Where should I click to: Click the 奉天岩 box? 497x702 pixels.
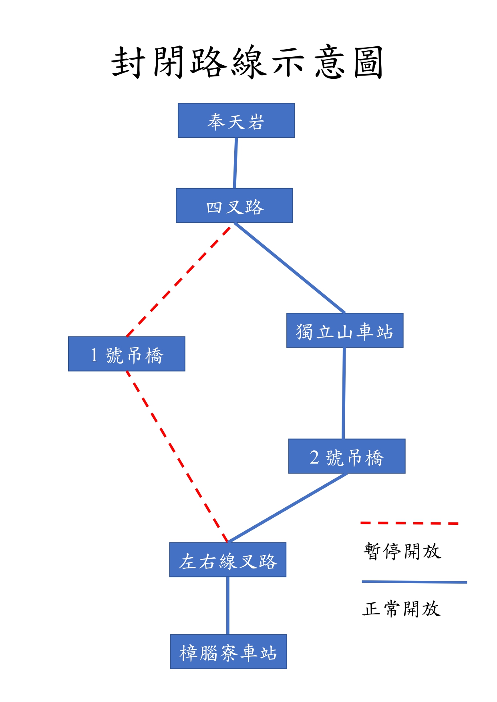pyautogui.click(x=236, y=121)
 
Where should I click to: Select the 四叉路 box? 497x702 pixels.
pyautogui.click(x=234, y=206)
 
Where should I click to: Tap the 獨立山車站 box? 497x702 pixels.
pyautogui.click(x=345, y=330)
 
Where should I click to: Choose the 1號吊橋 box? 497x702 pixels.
pyautogui.click(x=127, y=354)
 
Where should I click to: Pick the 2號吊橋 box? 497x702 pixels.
pyautogui.click(x=347, y=456)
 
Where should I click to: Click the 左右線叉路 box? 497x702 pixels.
pyautogui.click(x=227, y=560)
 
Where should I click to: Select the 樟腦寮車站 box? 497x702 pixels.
pyautogui.click(x=228, y=652)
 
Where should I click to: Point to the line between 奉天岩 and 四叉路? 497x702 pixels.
pyautogui.click(x=235, y=163)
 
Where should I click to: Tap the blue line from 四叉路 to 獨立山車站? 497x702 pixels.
pyautogui.click(x=289, y=268)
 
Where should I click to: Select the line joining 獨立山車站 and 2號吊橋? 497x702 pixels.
pyautogui.click(x=344, y=393)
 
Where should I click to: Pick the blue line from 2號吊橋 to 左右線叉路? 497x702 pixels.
pyautogui.click(x=287, y=508)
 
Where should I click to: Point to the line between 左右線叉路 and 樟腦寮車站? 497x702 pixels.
pyautogui.click(x=228, y=606)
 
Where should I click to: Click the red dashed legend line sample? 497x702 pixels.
pyautogui.click(x=409, y=523)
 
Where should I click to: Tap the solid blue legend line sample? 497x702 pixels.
pyautogui.click(x=414, y=582)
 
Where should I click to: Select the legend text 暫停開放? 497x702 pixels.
pyautogui.click(x=402, y=551)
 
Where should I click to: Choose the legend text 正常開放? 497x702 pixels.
pyautogui.click(x=401, y=609)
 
